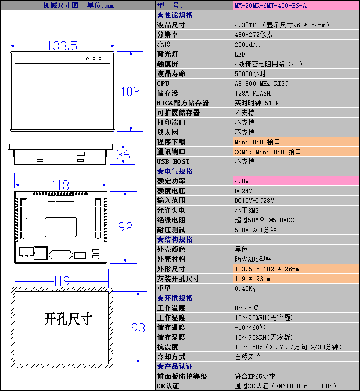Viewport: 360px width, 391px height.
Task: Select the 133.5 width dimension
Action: point(62,46)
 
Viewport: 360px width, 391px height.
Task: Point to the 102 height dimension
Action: point(130,91)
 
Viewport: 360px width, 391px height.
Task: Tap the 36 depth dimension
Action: point(123,154)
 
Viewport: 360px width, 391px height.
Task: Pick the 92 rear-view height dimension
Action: point(125,227)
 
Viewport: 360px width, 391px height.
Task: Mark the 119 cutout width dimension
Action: point(62,281)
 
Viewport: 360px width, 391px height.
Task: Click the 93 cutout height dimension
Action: point(138,327)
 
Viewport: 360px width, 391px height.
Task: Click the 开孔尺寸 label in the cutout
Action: point(67,319)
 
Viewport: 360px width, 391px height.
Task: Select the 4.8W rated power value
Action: point(242,181)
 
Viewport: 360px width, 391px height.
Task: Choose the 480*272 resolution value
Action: point(254,35)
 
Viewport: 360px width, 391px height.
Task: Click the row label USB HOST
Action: point(173,162)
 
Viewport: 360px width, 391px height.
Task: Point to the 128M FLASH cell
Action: point(252,94)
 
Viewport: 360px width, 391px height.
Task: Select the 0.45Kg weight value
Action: point(245,289)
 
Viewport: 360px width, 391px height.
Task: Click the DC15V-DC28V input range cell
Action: point(254,201)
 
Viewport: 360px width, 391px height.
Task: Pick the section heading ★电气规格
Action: point(175,171)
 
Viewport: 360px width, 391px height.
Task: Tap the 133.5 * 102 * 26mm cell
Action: point(266,269)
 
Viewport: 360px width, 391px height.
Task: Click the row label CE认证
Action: point(168,386)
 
